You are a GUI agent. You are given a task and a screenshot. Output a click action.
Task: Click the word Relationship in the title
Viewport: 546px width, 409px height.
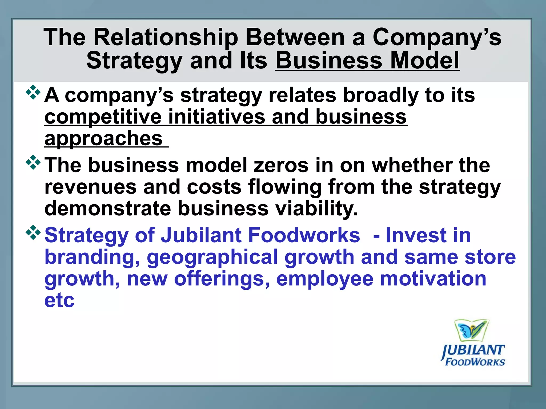coord(166,38)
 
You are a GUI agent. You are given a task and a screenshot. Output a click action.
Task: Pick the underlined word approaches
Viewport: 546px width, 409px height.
coord(103,139)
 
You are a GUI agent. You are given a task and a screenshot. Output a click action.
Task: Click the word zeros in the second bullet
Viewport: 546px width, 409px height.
coord(281,165)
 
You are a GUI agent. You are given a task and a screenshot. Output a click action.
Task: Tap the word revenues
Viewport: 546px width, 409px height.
coord(91,187)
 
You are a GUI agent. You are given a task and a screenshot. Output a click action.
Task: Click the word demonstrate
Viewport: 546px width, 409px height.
coord(108,208)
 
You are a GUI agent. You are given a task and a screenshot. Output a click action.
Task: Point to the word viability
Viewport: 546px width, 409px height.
coord(316,208)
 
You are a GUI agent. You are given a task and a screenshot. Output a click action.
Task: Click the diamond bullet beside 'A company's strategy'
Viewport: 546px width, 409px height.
coord(33,92)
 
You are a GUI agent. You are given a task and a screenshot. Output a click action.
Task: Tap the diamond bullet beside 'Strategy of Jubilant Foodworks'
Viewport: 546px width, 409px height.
coord(33,232)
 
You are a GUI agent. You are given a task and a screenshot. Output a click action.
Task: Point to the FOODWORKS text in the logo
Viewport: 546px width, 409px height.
coord(475,362)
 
